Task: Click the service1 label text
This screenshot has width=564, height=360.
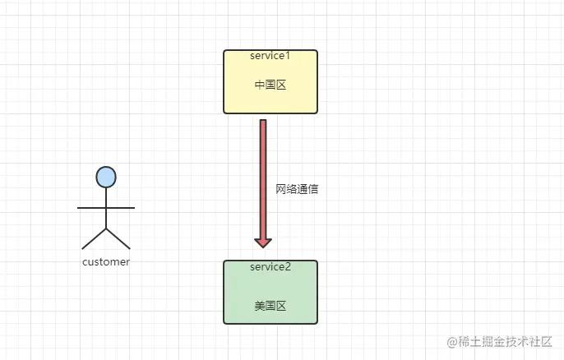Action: [270, 56]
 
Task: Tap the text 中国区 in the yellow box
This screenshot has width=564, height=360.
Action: [270, 85]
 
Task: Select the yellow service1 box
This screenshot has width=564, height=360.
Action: [270, 99]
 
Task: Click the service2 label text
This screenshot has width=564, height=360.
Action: [270, 266]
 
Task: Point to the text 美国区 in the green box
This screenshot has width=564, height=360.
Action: [270, 306]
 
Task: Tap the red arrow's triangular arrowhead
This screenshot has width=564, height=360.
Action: [263, 242]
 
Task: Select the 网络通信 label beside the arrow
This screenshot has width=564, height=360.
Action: [297, 189]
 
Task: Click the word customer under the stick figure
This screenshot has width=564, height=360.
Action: [106, 262]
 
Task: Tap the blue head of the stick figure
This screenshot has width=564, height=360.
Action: [106, 176]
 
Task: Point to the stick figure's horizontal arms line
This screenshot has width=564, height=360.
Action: [106, 208]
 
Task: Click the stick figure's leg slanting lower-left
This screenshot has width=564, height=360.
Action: [94, 238]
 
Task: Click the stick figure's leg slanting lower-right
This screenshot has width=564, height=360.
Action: [118, 238]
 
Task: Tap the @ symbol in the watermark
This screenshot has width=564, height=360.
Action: [452, 341]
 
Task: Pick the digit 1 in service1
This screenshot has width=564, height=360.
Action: [289, 56]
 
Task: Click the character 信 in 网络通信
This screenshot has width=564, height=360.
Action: [312, 189]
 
